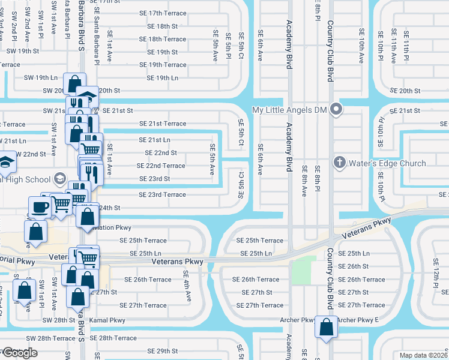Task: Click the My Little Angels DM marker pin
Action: (336, 110)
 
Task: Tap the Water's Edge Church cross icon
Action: (339, 163)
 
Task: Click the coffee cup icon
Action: (40, 208)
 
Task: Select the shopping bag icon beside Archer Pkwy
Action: (326, 328)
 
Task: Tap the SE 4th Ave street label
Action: (187, 286)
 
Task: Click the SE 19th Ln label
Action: (162, 78)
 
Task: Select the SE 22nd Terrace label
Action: (161, 166)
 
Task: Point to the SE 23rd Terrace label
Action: (162, 194)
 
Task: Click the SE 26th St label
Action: (353, 266)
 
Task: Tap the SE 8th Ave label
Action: (304, 181)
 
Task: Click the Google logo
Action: (19, 353)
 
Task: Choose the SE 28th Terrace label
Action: (118, 338)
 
